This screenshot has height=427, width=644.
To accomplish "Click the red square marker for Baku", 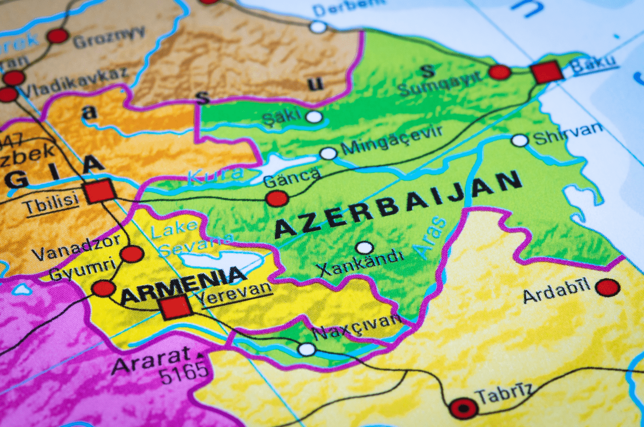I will click(546, 72).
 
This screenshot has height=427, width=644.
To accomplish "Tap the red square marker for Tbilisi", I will click(100, 192).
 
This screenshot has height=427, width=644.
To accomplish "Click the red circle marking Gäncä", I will click(277, 199).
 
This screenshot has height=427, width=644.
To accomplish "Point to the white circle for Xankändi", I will click(364, 248).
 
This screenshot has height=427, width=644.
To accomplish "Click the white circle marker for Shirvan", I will click(520, 140).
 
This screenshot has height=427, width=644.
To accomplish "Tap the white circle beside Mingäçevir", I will click(329, 153).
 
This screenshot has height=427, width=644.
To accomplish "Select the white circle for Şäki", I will click(314, 117).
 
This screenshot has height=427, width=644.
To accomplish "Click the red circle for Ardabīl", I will click(608, 288).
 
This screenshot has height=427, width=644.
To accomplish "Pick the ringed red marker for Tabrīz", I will click(464, 408).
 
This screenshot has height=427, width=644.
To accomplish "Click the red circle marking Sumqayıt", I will click(500, 72).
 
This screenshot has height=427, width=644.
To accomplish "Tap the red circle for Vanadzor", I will click(132, 254).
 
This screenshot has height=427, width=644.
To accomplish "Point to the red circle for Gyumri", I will click(104, 288).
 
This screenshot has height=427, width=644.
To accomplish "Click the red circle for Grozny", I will click(58, 36).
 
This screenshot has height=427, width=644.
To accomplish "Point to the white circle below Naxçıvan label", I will click(307, 349).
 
